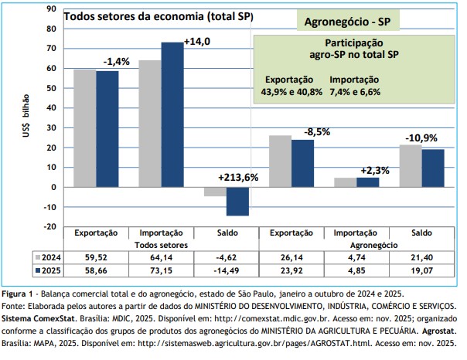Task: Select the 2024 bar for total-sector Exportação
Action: click(x=84, y=128)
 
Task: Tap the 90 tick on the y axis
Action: click(x=52, y=8)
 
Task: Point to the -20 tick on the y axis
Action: click(x=49, y=226)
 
